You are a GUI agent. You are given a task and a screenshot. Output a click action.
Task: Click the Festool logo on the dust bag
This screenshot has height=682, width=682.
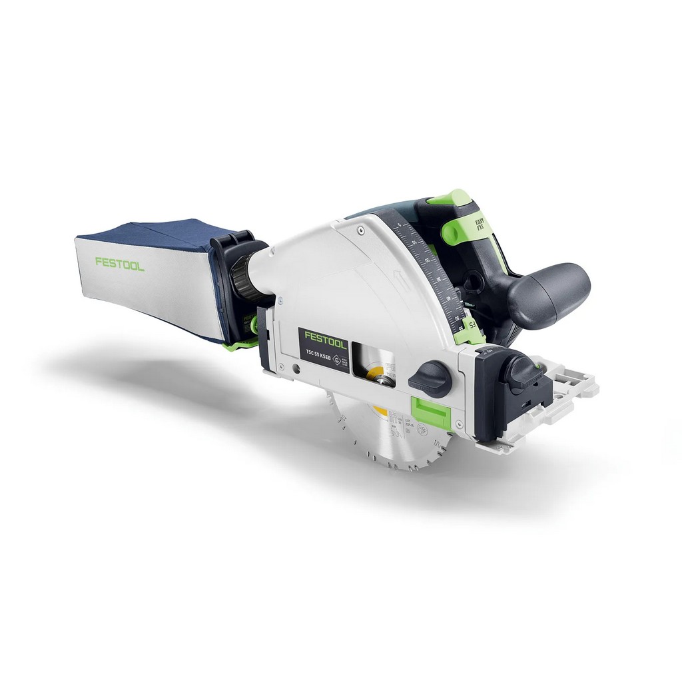pyautogui.click(x=120, y=263)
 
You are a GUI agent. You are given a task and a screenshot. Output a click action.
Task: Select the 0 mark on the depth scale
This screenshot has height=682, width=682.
pyautogui.click(x=398, y=228)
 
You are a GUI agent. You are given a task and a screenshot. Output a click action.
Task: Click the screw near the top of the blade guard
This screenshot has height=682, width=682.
pyautogui.click(x=360, y=229)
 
